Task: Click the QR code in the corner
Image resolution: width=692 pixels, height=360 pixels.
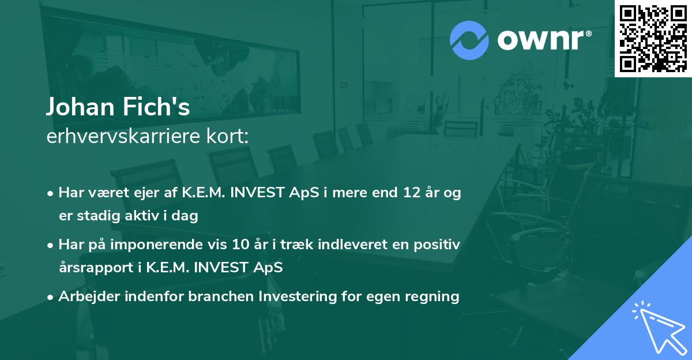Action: click(653, 38)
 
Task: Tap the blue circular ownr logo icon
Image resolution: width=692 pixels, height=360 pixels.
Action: click(469, 40)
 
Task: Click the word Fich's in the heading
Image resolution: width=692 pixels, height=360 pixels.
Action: click(156, 107)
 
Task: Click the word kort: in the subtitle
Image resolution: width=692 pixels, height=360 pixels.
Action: click(227, 136)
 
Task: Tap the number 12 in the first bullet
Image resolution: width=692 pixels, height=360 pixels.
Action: click(412, 192)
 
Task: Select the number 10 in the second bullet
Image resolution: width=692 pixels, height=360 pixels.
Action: click(240, 244)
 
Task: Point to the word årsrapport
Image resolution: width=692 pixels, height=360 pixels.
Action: click(96, 268)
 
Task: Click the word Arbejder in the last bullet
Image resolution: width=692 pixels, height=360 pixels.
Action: click(89, 297)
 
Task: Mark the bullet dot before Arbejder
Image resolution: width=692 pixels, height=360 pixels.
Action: click(50, 298)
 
